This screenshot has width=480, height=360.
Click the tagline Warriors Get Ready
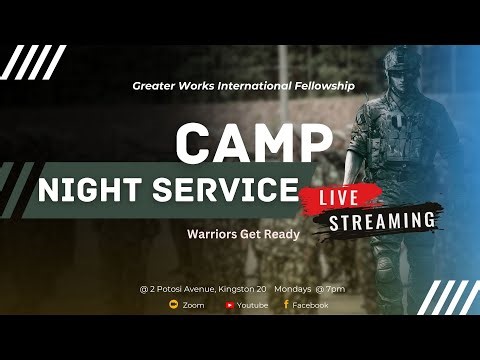coord(237,236)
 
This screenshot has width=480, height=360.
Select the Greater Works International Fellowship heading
coord(243,86)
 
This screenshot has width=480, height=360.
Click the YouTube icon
coord(231,305)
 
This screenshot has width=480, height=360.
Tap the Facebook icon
coord(286,305)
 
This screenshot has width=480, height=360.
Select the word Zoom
coord(193,305)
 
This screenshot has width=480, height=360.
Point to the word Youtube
coord(253,305)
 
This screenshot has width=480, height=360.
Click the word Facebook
coord(310,305)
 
